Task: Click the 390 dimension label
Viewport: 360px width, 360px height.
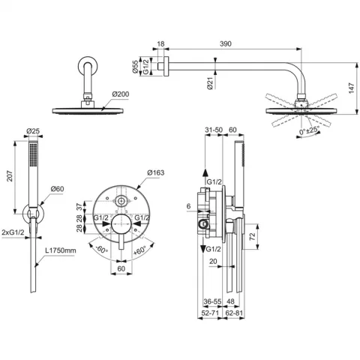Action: point(226,43)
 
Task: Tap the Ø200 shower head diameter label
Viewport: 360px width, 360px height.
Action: point(121,94)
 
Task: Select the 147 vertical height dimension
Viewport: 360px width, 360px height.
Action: point(352,88)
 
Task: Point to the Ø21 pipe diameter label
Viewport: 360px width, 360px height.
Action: point(210,83)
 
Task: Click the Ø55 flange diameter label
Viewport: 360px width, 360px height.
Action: point(135,67)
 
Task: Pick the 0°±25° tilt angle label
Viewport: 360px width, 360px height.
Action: point(310,130)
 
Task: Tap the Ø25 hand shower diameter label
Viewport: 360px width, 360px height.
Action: point(33,130)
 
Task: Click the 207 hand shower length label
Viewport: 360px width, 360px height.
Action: point(10,176)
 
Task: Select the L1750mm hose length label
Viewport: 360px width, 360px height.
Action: point(61,250)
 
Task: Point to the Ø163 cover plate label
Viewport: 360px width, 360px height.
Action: point(156,172)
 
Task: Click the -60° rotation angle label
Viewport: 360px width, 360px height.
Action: point(102,249)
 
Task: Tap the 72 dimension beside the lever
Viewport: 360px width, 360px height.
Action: point(252,236)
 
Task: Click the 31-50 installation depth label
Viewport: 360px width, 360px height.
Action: point(214,130)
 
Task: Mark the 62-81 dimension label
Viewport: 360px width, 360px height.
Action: point(234,313)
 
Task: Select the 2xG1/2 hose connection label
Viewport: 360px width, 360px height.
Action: point(13,232)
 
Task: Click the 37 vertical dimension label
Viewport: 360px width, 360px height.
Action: point(79,207)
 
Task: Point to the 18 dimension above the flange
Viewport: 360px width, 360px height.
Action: point(160,43)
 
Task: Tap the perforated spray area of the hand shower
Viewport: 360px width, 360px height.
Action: point(33,154)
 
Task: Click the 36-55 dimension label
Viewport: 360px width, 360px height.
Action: point(212,301)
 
